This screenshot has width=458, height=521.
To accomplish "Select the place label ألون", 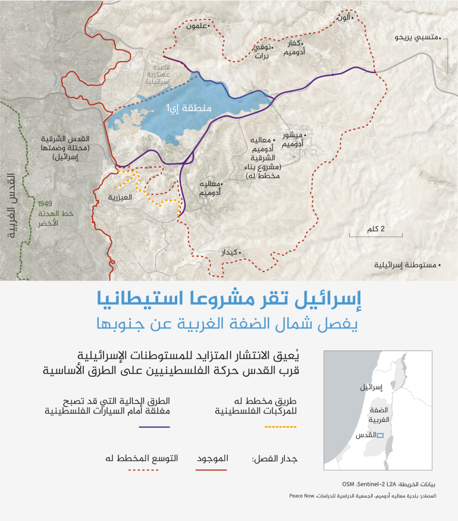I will coord(344,18).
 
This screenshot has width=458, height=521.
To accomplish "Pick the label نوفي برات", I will coord(262,52).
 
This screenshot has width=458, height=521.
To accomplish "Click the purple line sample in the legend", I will coord(155,427).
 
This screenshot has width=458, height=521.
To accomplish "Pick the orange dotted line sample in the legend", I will coord(279,427).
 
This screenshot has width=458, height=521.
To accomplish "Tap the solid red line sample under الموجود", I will coord(212,469).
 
